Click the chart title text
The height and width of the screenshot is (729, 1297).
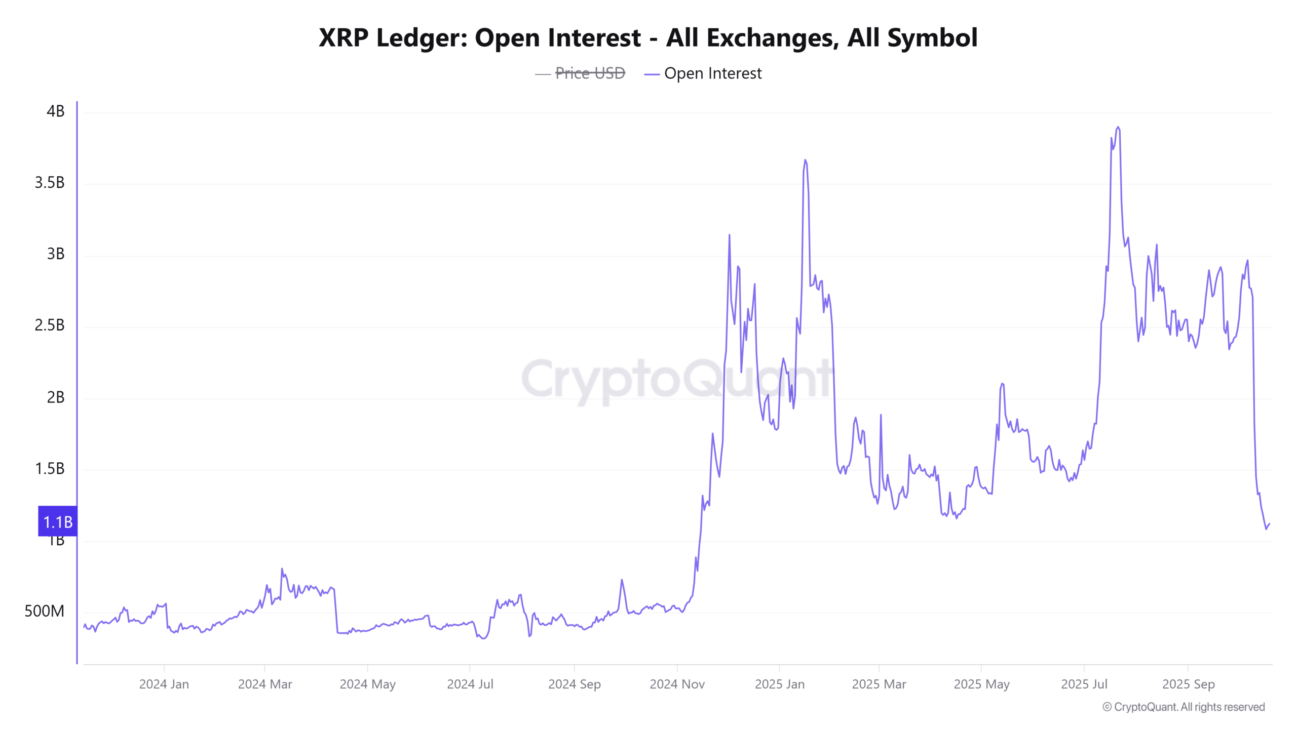[x=648, y=37]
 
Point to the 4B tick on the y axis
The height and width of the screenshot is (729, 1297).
[x=55, y=111]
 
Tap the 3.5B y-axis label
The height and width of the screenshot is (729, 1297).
[x=50, y=183]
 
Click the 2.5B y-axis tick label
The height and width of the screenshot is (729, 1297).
[x=50, y=325]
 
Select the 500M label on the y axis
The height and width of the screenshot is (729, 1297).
[x=45, y=611]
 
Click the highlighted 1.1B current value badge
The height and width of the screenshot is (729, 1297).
[x=58, y=522]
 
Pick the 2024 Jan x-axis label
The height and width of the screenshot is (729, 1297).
[x=164, y=684]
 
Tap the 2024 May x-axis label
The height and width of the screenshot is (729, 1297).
[x=367, y=684]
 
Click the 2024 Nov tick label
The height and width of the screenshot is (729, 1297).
[x=677, y=684]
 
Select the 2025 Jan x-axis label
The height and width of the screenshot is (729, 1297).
[x=779, y=684]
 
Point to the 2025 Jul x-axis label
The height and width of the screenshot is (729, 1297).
[x=1084, y=684]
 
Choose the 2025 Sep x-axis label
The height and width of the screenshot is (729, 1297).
[x=1188, y=684]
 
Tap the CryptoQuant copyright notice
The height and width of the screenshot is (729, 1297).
[x=1184, y=707]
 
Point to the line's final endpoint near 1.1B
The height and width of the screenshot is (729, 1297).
[x=1269, y=524]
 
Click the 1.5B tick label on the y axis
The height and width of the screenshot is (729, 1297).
[x=50, y=469]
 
